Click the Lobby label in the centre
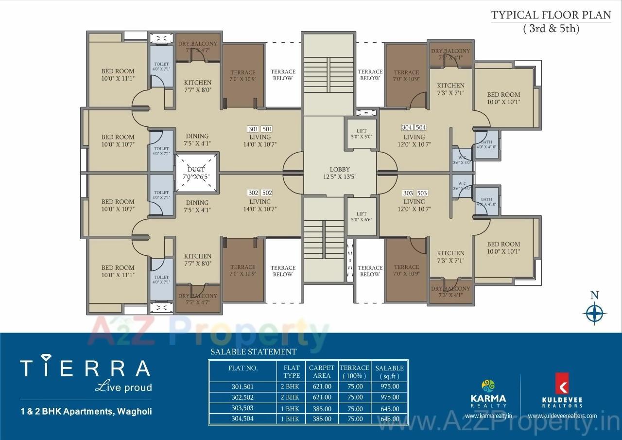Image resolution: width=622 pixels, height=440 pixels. (340, 169)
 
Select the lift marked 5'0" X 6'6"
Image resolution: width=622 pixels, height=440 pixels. (361, 217)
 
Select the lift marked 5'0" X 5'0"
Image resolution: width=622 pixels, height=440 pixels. (361, 133)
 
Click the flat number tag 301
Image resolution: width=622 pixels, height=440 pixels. (253, 129)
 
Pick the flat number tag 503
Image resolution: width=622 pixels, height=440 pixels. (422, 193)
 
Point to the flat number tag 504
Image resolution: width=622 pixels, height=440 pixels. (420, 127)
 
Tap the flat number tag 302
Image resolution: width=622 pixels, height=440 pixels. (253, 193)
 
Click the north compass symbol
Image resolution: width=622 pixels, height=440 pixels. (594, 313)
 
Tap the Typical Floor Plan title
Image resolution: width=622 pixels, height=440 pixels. (551, 15)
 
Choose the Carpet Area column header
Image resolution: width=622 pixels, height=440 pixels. (322, 372)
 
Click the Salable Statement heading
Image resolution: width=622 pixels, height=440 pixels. (253, 352)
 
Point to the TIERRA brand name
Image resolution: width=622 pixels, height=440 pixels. (85, 368)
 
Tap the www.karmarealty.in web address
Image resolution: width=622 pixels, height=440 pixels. (488, 416)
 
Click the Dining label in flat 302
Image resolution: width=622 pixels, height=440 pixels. (197, 203)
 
